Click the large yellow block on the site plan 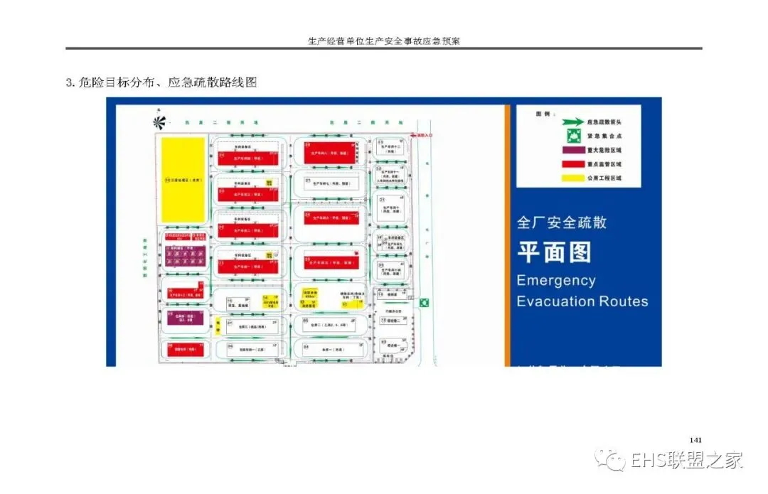183,179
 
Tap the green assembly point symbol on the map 425,303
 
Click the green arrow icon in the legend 568,122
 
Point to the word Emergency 556,279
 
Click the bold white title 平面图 554,252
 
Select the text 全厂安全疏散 562,222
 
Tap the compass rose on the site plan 159,122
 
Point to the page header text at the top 384,41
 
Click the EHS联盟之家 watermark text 687,460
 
